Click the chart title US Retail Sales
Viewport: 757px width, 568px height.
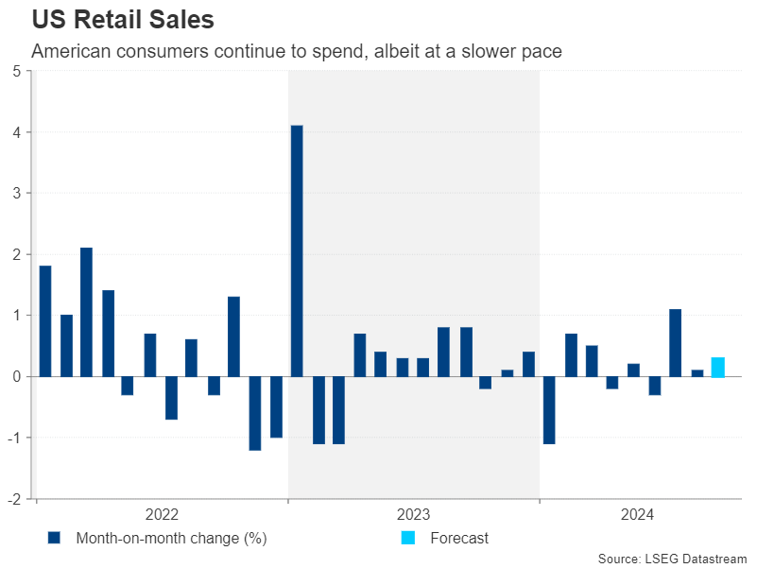point(123,20)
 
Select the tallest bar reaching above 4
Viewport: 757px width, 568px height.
point(297,250)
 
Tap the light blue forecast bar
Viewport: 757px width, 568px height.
point(718,368)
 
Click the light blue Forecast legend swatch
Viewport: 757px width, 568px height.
point(407,538)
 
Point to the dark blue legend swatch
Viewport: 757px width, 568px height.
point(54,538)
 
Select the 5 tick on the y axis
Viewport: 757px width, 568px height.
point(17,72)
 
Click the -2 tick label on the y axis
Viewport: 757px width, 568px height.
point(15,498)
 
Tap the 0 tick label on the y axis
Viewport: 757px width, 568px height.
point(17,376)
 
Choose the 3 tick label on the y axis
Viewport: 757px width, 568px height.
point(17,194)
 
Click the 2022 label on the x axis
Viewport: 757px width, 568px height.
point(162,515)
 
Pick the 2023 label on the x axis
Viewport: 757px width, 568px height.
point(413,515)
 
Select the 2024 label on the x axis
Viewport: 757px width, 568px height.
point(638,515)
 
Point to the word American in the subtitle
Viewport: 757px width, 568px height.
point(69,51)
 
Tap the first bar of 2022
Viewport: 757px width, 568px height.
point(45,321)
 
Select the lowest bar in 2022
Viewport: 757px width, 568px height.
point(255,413)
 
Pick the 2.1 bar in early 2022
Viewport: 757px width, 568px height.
point(87,312)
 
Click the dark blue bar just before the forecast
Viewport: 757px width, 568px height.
point(697,373)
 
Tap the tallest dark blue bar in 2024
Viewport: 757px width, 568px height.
point(676,343)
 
